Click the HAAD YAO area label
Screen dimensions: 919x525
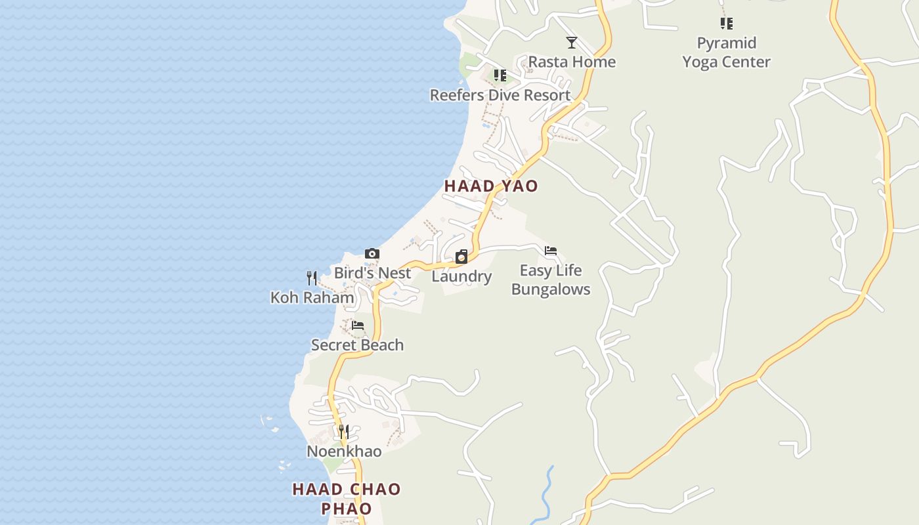[x=491, y=186]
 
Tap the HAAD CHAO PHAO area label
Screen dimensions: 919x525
[x=346, y=499]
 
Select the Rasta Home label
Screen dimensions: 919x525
[x=572, y=62]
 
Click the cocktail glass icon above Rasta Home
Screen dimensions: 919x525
[x=572, y=43]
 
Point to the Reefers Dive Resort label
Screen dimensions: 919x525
[x=500, y=95]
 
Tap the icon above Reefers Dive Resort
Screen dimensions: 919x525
[x=500, y=75]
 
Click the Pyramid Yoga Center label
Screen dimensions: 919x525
[x=726, y=52]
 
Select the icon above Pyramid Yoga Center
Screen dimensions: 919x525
[x=726, y=24]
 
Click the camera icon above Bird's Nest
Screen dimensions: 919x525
[x=372, y=254]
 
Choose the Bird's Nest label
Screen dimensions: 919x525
[x=372, y=273]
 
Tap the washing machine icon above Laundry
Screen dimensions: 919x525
[x=461, y=257]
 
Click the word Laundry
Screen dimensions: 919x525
[x=461, y=276]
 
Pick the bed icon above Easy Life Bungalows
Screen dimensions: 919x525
[x=551, y=251]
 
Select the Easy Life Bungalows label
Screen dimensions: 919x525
[x=551, y=280]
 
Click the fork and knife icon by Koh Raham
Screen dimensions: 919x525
[x=312, y=278]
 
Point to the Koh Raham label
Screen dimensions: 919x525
[x=312, y=297]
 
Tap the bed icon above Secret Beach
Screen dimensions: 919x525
[x=358, y=325]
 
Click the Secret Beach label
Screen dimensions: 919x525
[x=357, y=345]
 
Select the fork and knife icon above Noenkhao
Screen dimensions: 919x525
[x=344, y=432]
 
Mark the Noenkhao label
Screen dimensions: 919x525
[x=344, y=451]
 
